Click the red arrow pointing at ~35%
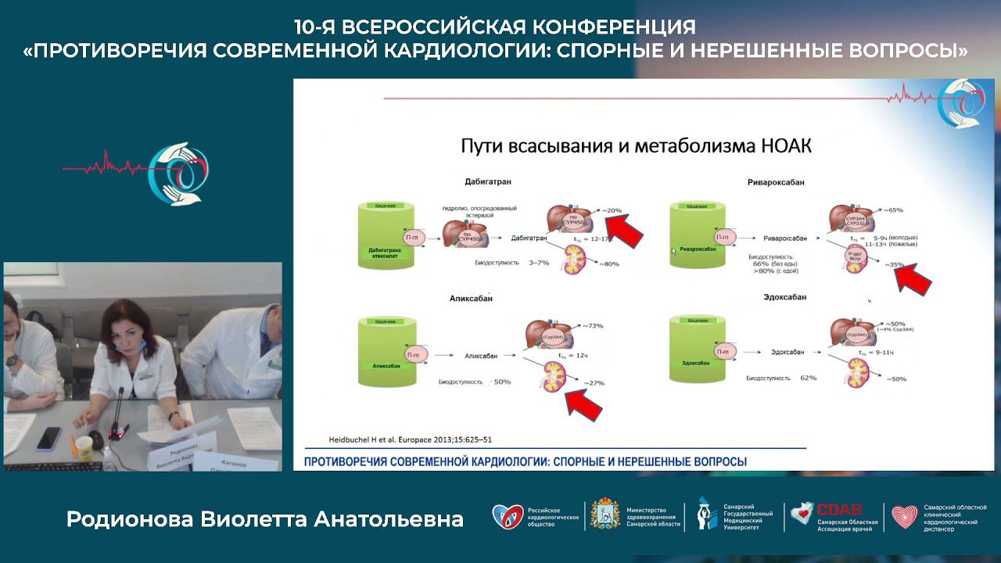click(x=913, y=278)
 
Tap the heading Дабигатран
click(x=489, y=181)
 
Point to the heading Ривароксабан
click(x=776, y=181)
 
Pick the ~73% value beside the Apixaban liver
click(x=591, y=325)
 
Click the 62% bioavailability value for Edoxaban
click(x=808, y=378)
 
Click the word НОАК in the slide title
click(x=779, y=145)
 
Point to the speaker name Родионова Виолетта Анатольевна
click(x=264, y=519)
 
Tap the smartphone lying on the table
click(x=48, y=439)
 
